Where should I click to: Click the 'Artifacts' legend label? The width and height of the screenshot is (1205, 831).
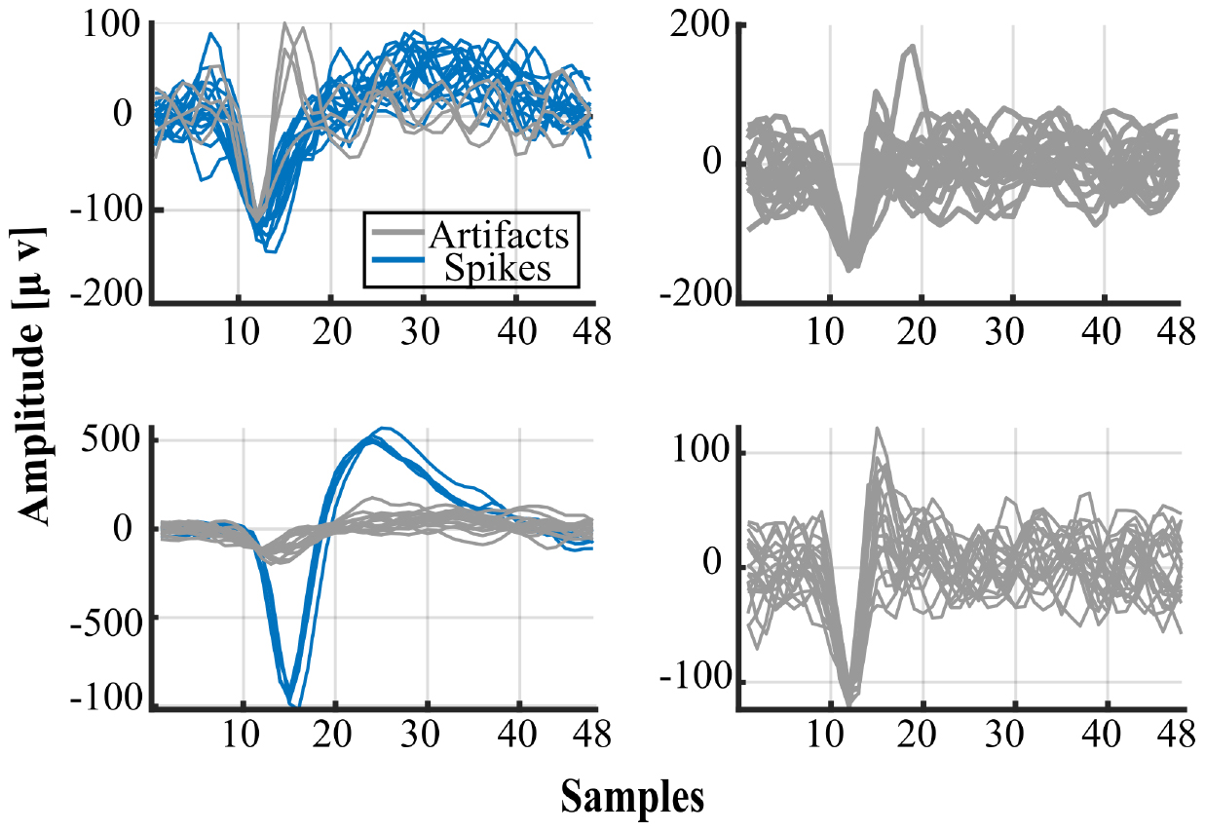498,234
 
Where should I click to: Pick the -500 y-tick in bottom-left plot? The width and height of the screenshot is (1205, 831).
106,617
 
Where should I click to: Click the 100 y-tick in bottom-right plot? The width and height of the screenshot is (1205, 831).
700,454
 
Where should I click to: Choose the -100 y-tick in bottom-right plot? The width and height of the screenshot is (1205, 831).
694,681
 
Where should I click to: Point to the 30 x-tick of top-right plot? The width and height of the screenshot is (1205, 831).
1013,330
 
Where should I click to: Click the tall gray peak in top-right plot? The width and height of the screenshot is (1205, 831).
912,46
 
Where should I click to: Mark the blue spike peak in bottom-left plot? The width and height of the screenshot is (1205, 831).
385,429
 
